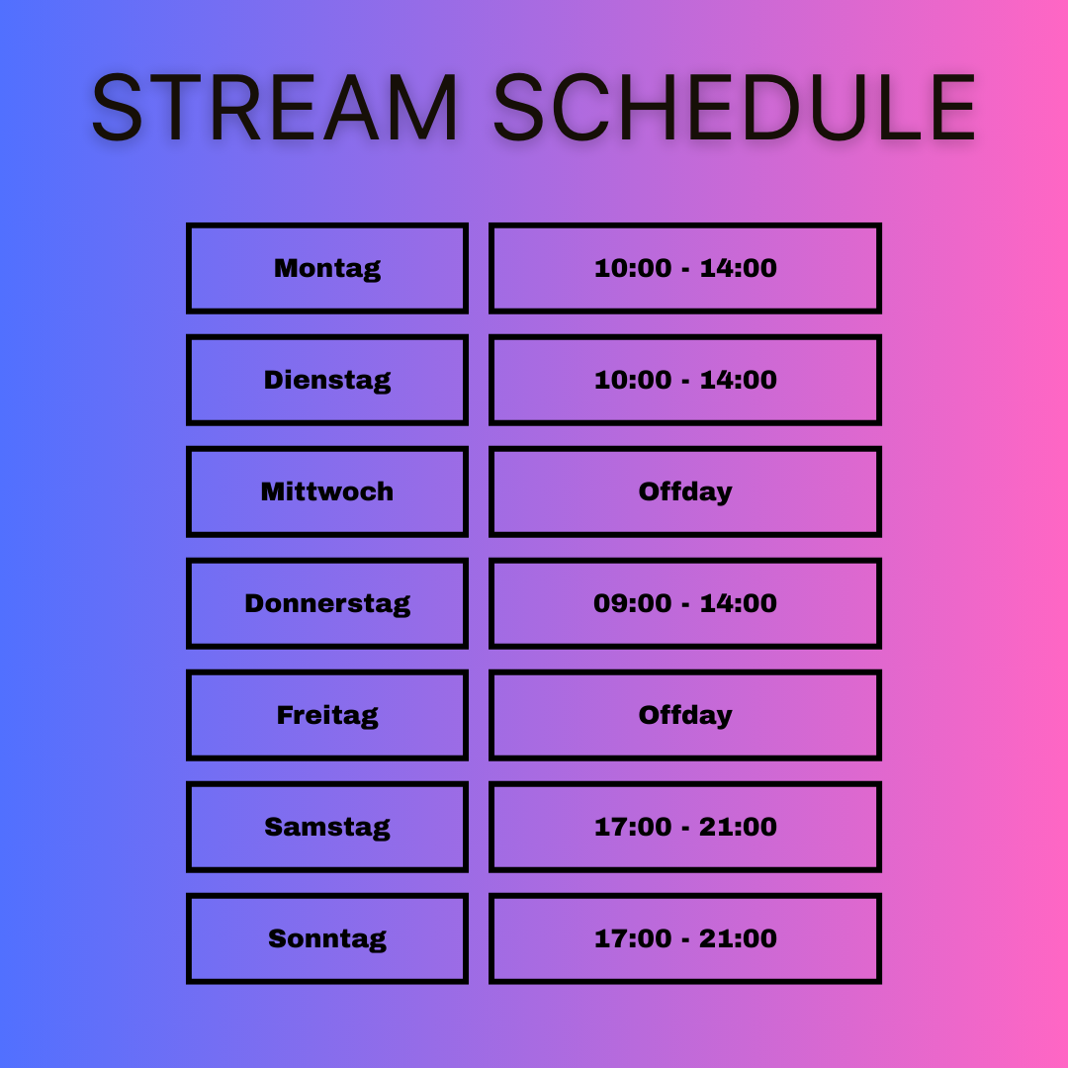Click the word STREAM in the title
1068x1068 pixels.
pos(275,107)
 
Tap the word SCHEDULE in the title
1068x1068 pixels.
pos(735,107)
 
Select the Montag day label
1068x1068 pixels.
pos(327,268)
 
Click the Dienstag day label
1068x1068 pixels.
pos(327,380)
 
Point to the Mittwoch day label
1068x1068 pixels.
pos(327,491)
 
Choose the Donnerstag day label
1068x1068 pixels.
pos(327,603)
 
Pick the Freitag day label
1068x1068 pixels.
pos(327,715)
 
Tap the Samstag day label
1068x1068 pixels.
pos(327,827)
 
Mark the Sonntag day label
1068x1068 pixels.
pos(327,938)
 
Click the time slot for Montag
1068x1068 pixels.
pos(685,268)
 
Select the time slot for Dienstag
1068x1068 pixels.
pos(685,380)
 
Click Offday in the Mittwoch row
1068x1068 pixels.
pos(685,491)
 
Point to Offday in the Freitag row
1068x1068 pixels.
pos(685,715)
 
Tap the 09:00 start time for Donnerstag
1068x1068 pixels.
pos(633,603)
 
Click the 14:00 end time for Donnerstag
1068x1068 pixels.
pos(739,603)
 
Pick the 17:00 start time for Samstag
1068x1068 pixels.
pos(633,827)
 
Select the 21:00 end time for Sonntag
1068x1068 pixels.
pos(739,938)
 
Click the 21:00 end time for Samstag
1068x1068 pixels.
pos(739,827)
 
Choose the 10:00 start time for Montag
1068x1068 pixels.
pos(633,268)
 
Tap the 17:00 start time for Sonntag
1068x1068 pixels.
pos(633,938)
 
